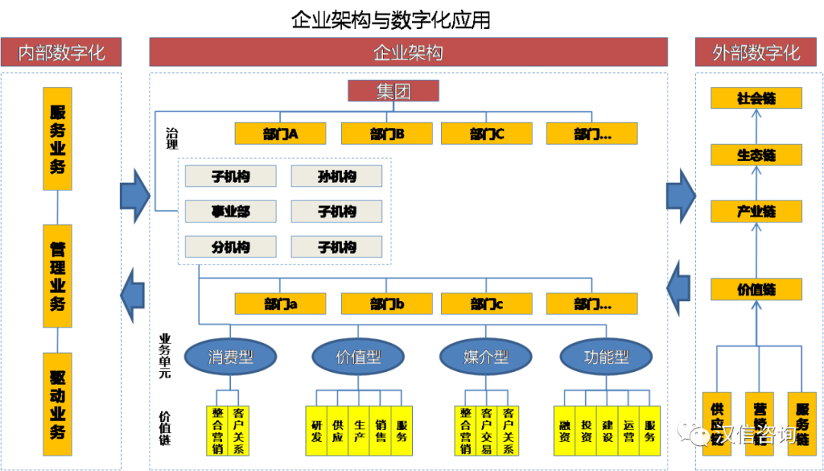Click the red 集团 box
(x=394, y=91)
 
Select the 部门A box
(x=280, y=134)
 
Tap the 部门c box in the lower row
(x=486, y=304)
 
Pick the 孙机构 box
(x=336, y=177)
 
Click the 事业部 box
(x=230, y=212)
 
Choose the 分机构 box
(x=230, y=247)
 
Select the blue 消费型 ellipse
(x=230, y=356)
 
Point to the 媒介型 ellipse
(x=486, y=356)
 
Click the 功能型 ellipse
(x=606, y=356)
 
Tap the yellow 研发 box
(x=317, y=431)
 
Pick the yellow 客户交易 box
(x=487, y=431)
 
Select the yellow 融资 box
(x=565, y=431)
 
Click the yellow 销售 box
(x=381, y=431)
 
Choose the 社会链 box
(x=756, y=98)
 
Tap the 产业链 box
(x=756, y=211)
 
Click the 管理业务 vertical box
(x=58, y=276)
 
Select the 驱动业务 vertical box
(x=58, y=404)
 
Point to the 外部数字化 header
(x=756, y=53)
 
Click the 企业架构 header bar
(x=408, y=53)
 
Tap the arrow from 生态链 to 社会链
(x=756, y=127)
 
